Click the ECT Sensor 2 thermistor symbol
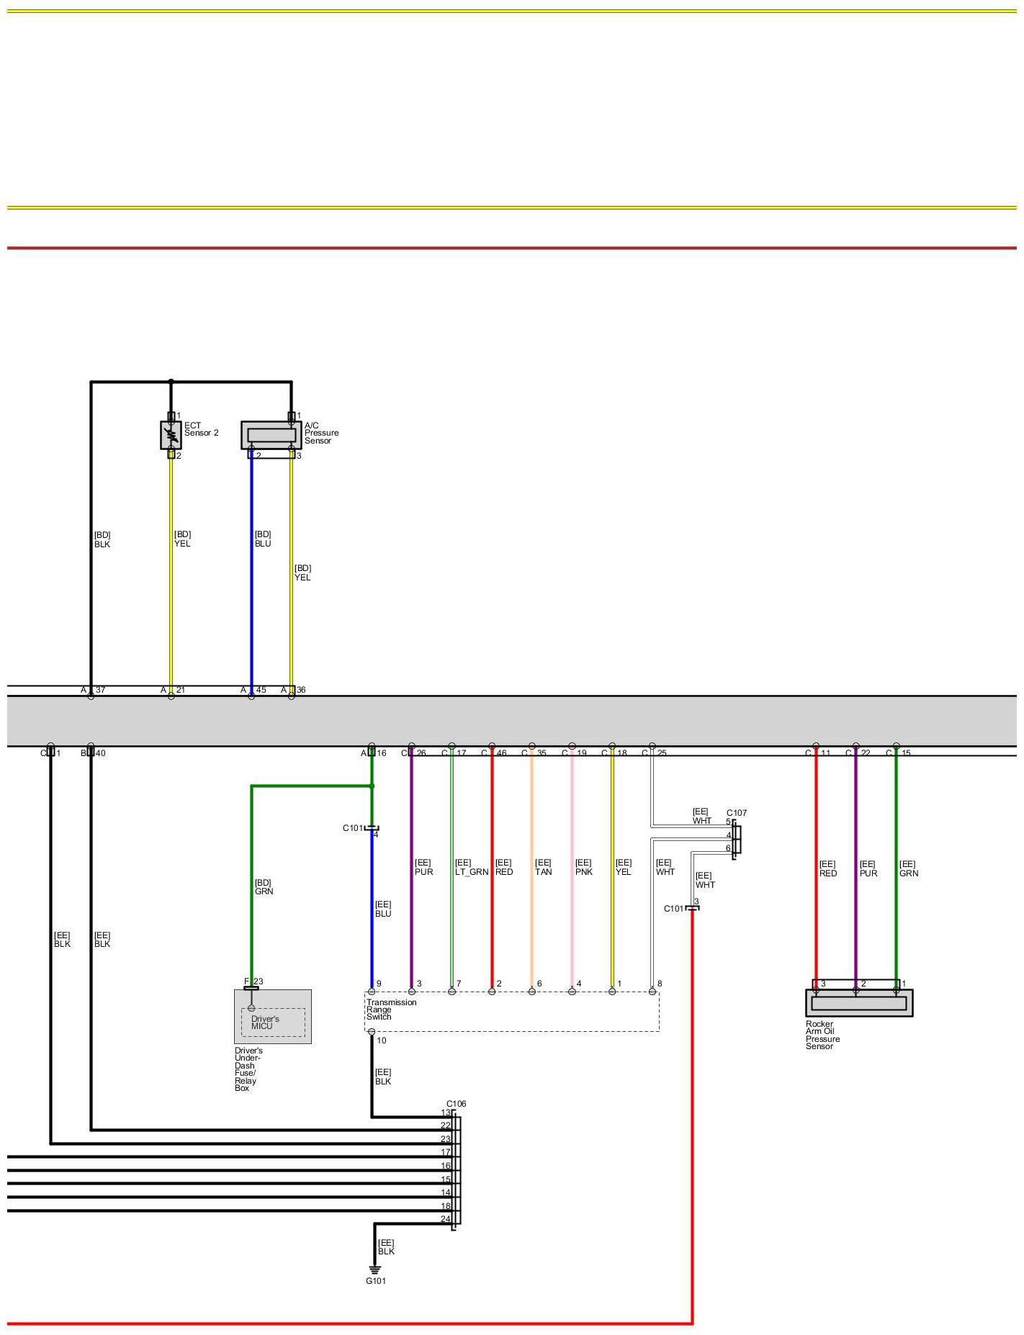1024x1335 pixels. (171, 435)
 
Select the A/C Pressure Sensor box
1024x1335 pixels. (271, 435)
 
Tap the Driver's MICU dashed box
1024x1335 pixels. (272, 1022)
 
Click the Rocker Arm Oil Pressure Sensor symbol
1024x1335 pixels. (858, 1002)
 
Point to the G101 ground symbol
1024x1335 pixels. (374, 1270)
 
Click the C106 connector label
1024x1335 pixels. (456, 1103)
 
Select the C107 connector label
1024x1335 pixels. (737, 813)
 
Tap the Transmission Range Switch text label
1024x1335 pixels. (391, 1009)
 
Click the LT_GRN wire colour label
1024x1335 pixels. (472, 872)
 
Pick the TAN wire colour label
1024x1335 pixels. (543, 872)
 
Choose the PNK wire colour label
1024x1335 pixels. (584, 872)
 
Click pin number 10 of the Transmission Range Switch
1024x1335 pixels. (382, 1040)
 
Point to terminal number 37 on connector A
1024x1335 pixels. (100, 690)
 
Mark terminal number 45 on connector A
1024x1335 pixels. (261, 690)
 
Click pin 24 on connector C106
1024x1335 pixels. (445, 1219)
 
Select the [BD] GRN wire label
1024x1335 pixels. (264, 887)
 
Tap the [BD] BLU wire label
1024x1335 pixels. (263, 539)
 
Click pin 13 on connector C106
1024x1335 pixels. (445, 1112)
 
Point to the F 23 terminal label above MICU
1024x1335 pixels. (253, 981)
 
